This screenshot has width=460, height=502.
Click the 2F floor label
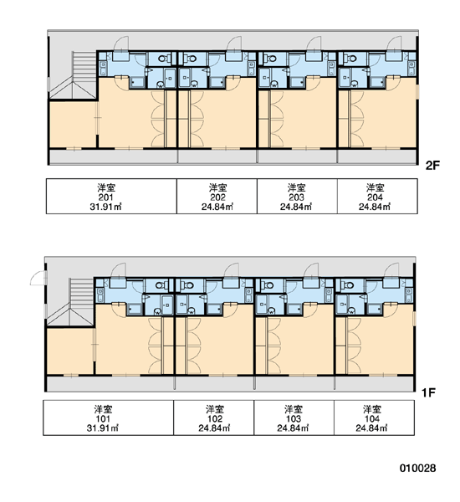[432, 166]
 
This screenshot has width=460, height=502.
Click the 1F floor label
[428, 392]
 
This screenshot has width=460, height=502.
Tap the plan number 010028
[417, 468]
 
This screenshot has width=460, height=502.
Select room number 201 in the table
[105, 197]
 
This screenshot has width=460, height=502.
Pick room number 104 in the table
[372, 419]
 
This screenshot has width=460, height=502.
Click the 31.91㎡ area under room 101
[103, 428]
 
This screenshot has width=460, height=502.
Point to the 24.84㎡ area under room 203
[296, 207]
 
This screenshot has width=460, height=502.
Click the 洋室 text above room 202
[217, 187]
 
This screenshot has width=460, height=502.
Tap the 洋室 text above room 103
[294, 409]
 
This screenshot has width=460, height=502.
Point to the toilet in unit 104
[348, 284]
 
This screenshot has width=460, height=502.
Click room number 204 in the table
[375, 197]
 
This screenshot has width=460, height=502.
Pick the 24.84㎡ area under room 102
[214, 428]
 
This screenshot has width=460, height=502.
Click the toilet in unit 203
[271, 59]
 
